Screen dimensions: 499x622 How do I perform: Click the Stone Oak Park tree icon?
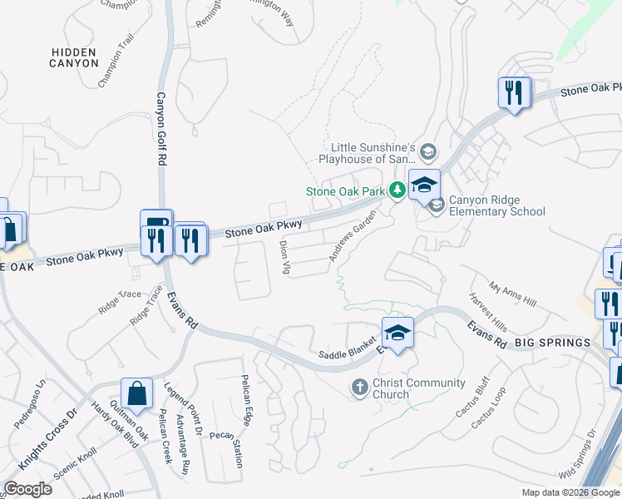(397, 191)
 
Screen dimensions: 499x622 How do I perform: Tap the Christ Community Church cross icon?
(359, 387)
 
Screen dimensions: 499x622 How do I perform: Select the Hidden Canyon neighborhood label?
(79, 57)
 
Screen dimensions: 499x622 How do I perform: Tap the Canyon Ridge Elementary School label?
(497, 205)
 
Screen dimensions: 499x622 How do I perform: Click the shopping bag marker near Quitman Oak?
(136, 394)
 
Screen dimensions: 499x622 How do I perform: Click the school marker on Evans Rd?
(397, 333)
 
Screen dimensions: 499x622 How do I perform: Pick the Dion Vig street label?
(284, 258)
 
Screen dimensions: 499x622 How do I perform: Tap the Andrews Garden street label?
(348, 240)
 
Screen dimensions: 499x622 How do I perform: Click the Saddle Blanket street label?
(343, 353)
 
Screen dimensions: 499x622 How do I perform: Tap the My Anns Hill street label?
(513, 293)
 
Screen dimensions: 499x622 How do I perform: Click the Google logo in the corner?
(27, 489)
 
